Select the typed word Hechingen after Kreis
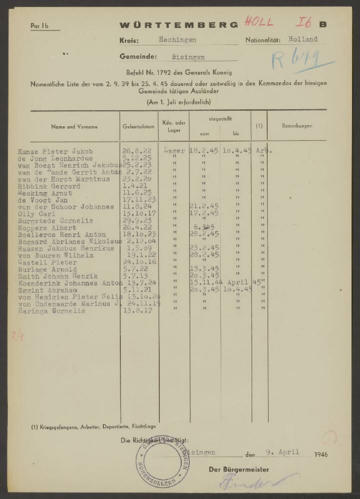[x=177, y=40]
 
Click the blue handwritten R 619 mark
[x=290, y=61]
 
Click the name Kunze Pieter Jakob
[x=55, y=151]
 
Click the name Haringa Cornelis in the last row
[x=51, y=311]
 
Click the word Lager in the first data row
[x=174, y=150]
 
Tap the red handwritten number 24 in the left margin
[x=18, y=337]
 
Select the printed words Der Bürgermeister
[x=239, y=470]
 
